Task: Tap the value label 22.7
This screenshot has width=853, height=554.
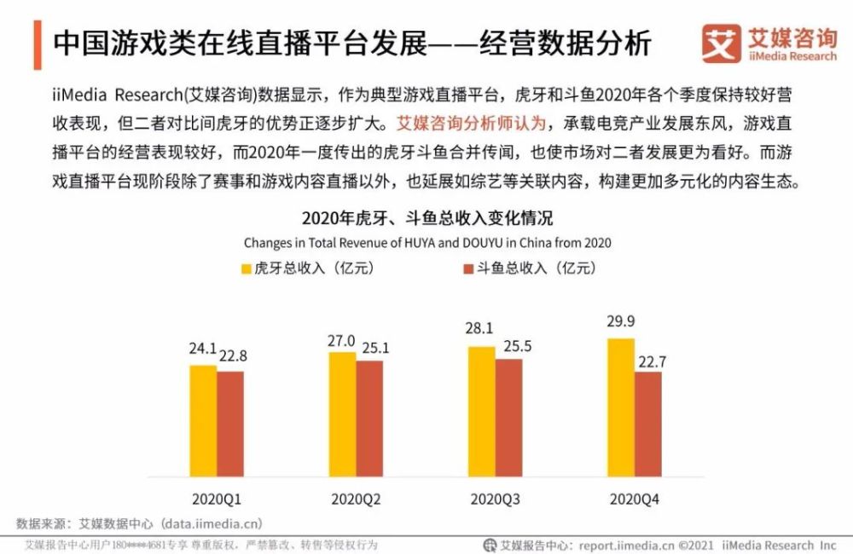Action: coord(650,361)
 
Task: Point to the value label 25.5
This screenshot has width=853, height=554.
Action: coord(510,348)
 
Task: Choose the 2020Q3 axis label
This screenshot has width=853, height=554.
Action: coord(495,497)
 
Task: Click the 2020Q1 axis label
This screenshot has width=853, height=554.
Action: coord(217,497)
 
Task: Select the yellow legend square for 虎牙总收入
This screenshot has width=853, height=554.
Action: coord(247,268)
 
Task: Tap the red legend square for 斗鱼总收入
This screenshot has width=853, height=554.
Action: coord(467,268)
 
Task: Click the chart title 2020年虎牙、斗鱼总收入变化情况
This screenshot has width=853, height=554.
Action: coord(426,218)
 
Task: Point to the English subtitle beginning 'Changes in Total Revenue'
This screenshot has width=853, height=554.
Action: coord(426,243)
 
